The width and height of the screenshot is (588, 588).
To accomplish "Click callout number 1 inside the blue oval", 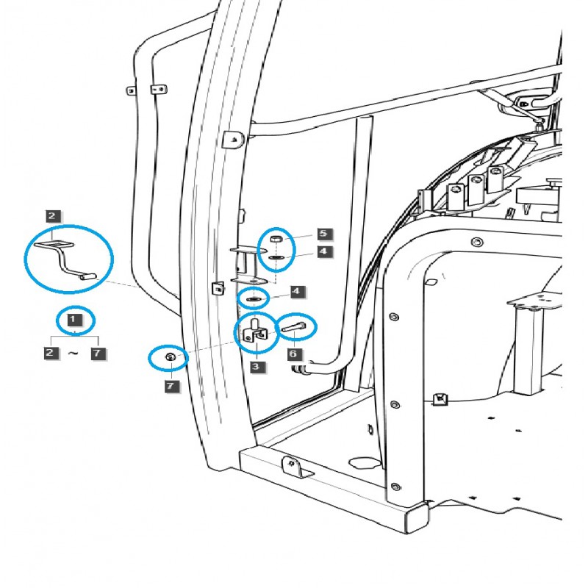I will (x=73, y=320).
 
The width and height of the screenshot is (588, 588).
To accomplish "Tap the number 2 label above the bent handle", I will (x=51, y=216).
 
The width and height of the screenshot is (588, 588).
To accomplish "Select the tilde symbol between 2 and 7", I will (x=73, y=354).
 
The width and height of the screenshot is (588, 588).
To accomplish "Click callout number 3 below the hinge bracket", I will (x=255, y=366).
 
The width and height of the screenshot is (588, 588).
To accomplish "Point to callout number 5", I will (x=324, y=234).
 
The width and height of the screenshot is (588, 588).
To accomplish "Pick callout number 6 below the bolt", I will (x=293, y=354).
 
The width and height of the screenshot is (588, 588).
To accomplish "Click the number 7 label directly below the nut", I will (x=171, y=385).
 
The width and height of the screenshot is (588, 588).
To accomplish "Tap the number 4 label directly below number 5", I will (x=324, y=251).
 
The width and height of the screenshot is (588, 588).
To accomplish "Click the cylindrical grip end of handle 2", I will (x=87, y=278).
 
